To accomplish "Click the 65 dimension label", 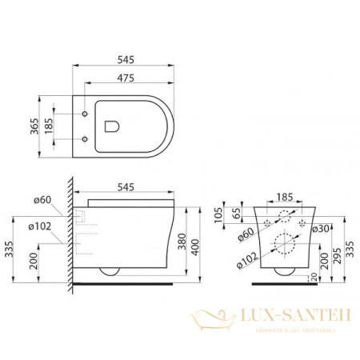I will tap(236, 214).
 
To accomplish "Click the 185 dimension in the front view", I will tap(286, 194).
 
